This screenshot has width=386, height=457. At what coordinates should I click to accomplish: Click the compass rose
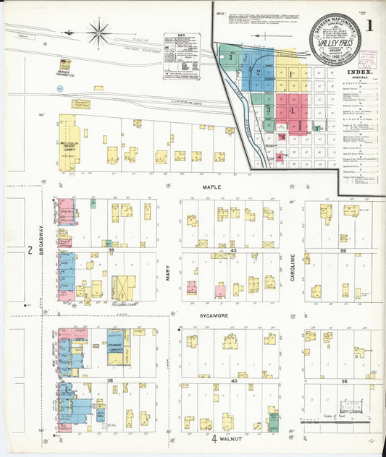coord(97,31)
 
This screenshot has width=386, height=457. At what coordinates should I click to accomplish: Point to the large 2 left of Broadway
coord(30,250)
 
